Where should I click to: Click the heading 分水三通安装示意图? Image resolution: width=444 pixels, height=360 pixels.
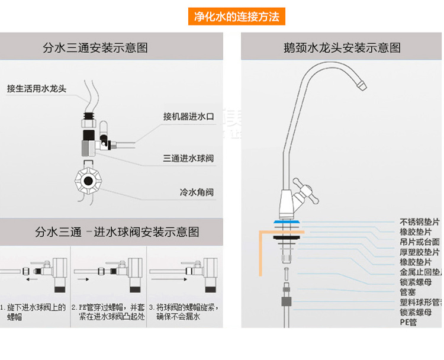[95, 47]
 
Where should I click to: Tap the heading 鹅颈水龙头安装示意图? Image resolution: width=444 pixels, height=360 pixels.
[342, 47]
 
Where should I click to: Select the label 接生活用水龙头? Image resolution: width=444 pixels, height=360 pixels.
[37, 89]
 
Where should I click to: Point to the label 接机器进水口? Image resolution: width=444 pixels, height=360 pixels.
[188, 117]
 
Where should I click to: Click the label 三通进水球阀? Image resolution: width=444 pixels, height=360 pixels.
[188, 158]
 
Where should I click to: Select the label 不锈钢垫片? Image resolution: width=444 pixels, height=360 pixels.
[420, 222]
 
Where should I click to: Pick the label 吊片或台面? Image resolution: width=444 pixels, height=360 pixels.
[420, 242]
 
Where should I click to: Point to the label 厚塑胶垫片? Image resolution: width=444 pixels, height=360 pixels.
[420, 252]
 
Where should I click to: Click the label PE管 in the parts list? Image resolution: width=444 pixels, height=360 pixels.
[408, 322]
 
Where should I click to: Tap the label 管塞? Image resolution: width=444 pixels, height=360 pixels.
[408, 292]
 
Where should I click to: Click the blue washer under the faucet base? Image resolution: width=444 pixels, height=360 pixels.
[287, 223]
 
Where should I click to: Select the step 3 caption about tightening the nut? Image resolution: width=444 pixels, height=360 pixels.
[184, 313]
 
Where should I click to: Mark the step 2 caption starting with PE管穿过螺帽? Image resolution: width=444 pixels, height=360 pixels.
[108, 313]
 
